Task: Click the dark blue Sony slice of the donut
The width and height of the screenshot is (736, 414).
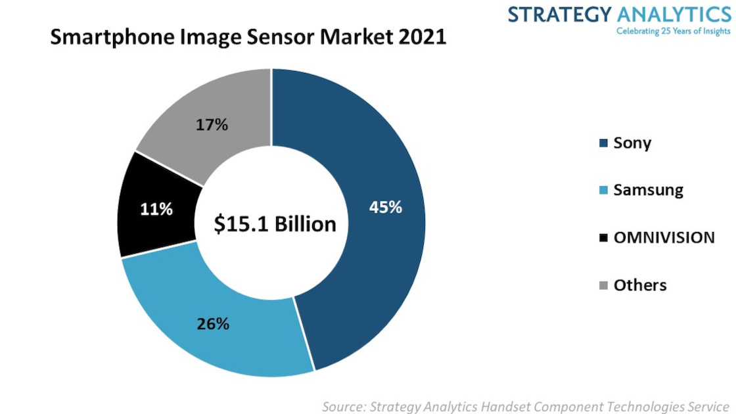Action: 368,164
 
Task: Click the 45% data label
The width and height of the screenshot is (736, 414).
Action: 385,208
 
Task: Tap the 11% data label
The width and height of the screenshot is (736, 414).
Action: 156,210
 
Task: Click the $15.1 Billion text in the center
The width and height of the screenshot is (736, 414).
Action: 275,224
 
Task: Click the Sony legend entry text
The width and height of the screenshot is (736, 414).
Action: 632,143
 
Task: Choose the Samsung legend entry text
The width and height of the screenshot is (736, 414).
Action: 648,191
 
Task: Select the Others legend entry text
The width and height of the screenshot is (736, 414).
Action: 640,285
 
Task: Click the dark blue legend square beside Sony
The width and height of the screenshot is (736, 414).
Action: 603,143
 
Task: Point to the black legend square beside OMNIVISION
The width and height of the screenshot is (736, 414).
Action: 603,238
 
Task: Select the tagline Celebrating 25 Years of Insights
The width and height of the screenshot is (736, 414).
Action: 672,31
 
